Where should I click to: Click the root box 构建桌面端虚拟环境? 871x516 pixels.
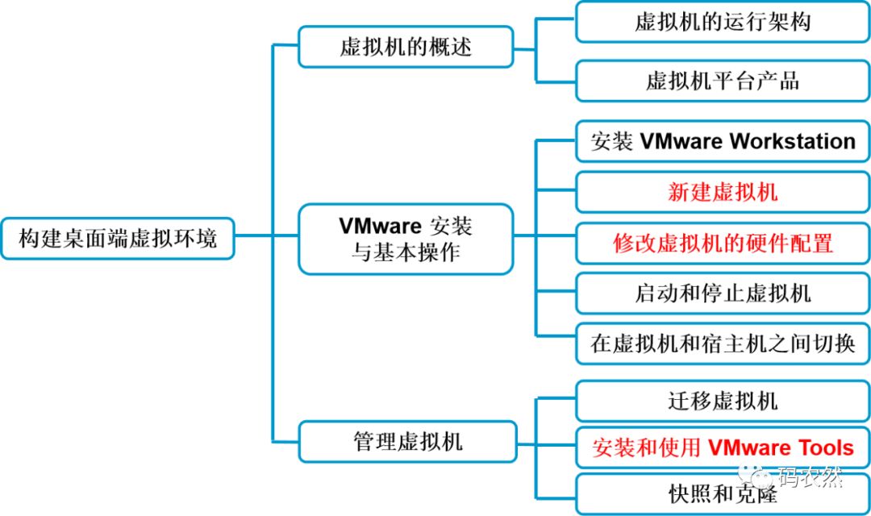[x=118, y=238]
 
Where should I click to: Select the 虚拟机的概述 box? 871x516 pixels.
[x=406, y=46]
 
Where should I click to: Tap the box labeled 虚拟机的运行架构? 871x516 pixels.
[x=723, y=22]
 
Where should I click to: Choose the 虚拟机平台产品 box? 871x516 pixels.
[x=723, y=81]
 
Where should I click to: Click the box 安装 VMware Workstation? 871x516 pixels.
[x=723, y=141]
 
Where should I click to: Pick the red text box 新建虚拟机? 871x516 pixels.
[x=723, y=192]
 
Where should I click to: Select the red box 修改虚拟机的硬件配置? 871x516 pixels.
[x=723, y=243]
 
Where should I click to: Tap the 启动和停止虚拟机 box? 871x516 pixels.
[x=723, y=293]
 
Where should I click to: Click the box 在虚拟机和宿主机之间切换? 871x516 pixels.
[x=723, y=344]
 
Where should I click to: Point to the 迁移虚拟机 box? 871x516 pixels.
[x=723, y=399]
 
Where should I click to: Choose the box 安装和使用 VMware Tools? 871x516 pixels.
[x=723, y=447]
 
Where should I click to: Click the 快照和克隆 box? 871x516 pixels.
[x=723, y=493]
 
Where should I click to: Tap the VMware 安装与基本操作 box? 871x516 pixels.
[x=406, y=238]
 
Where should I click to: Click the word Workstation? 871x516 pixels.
[x=792, y=141]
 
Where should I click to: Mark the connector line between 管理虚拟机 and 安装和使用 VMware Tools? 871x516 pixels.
[x=545, y=443]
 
